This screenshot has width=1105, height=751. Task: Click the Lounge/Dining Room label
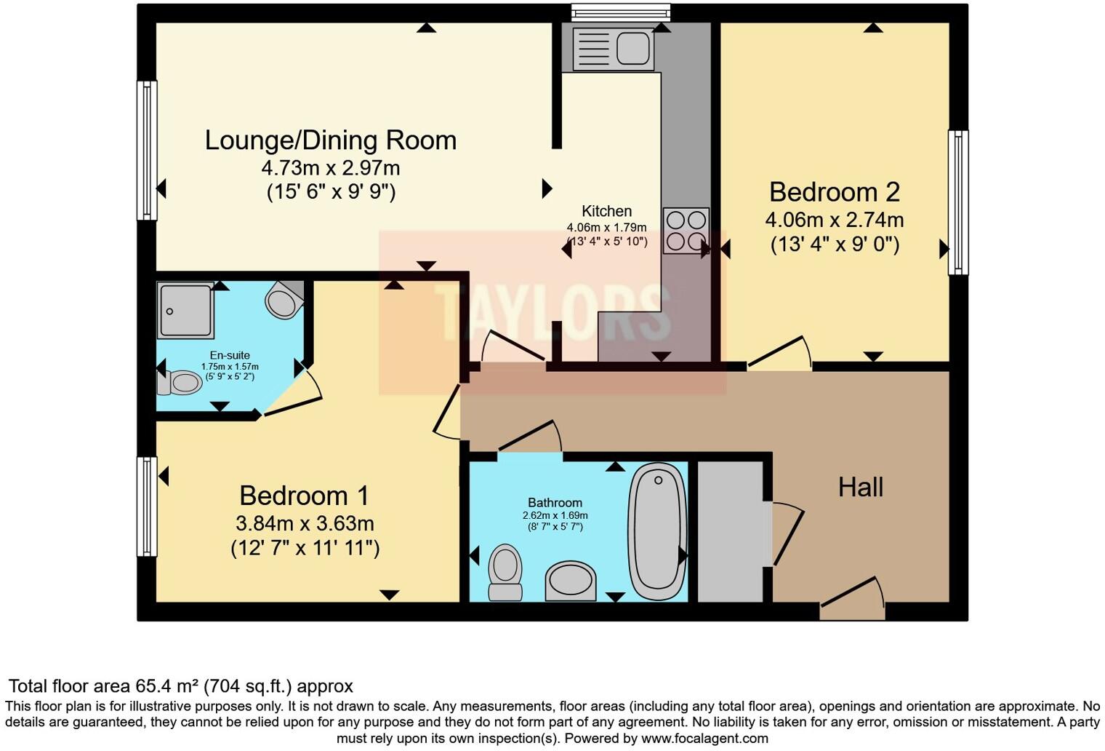[331, 140]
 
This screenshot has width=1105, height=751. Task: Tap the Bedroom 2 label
[835, 192]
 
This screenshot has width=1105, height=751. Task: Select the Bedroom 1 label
[305, 496]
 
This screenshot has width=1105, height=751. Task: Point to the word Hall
[861, 488]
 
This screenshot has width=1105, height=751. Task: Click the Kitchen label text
[607, 211]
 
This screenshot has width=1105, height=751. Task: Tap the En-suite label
[230, 355]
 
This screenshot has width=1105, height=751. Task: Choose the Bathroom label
[555, 503]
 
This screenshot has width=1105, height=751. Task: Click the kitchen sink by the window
[613, 48]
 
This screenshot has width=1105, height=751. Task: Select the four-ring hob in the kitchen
[686, 231]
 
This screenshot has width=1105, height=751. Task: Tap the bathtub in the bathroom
[658, 531]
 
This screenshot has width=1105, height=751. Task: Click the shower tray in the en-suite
[185, 310]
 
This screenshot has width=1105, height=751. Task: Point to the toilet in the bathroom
[505, 572]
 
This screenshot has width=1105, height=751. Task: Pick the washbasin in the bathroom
[570, 581]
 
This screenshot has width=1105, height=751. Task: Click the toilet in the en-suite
[179, 383]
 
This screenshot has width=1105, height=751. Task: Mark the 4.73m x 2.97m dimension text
[331, 168]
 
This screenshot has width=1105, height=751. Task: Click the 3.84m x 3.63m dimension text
[305, 523]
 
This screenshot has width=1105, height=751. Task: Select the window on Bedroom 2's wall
[958, 202]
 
